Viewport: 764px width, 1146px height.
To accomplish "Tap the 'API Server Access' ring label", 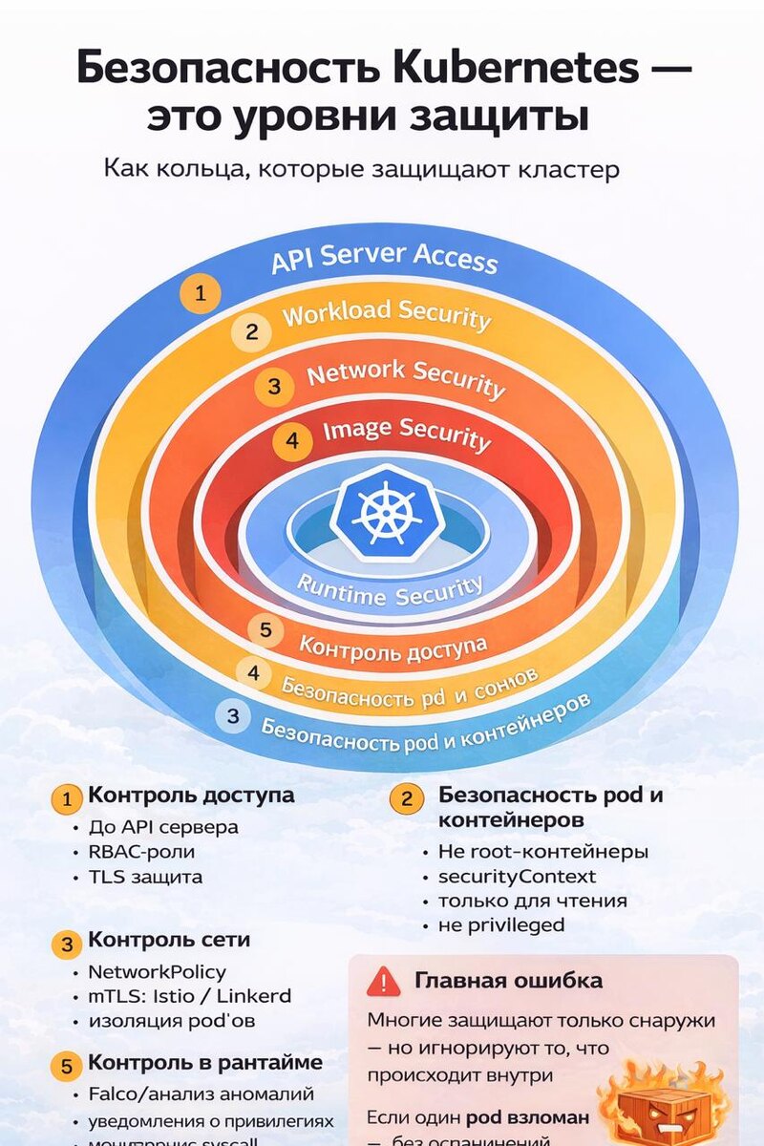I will coord(384,258).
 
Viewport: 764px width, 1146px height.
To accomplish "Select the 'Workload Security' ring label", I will coord(387,316).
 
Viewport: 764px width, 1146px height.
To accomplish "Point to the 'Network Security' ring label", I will coord(405,377).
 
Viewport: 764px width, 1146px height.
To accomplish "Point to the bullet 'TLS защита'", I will coord(145,877).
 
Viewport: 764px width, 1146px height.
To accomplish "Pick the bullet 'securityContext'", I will coord(517,876).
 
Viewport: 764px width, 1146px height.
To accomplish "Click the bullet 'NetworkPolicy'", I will coord(157,972).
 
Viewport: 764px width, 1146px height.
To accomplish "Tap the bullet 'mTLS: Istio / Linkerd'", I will coord(189,996).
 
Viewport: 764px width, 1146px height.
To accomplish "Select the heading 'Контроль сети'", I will coord(169,940).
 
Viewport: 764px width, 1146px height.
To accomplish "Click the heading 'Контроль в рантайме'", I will coord(205,1063).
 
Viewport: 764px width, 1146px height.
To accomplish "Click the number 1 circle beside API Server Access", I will coord(201,294).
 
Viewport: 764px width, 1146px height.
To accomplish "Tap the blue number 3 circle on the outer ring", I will coord(233,716).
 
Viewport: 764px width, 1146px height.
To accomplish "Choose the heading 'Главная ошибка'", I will coord(508,981).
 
